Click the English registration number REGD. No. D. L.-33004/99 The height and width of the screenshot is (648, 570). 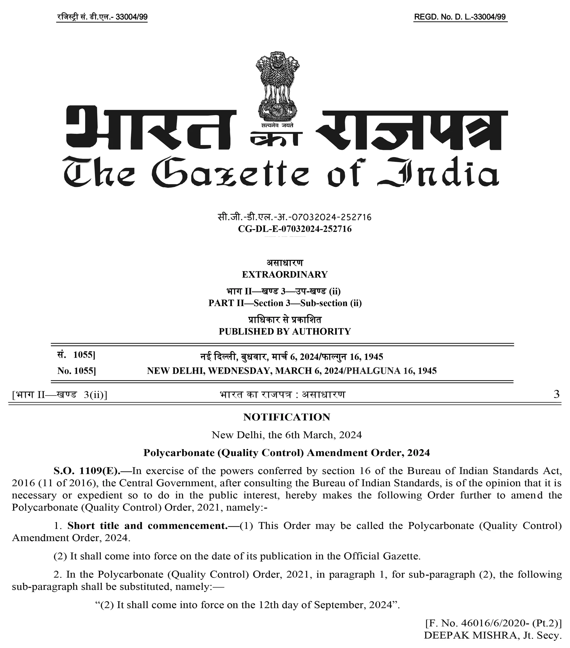click(x=460, y=17)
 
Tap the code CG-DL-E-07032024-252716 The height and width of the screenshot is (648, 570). click(x=295, y=229)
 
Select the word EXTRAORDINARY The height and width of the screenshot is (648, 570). click(x=285, y=275)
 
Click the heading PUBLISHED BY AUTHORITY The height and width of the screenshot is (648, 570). click(x=285, y=332)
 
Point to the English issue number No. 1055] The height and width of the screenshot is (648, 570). click(x=76, y=371)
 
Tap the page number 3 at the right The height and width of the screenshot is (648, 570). click(x=556, y=394)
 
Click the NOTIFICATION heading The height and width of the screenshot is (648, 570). click(x=287, y=417)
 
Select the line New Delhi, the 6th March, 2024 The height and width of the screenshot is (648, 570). click(x=287, y=435)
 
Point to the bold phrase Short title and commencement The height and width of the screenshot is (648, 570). click(x=147, y=526)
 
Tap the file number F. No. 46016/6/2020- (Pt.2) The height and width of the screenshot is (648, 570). click(x=494, y=623)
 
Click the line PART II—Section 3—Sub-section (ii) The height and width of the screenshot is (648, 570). click(x=285, y=303)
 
